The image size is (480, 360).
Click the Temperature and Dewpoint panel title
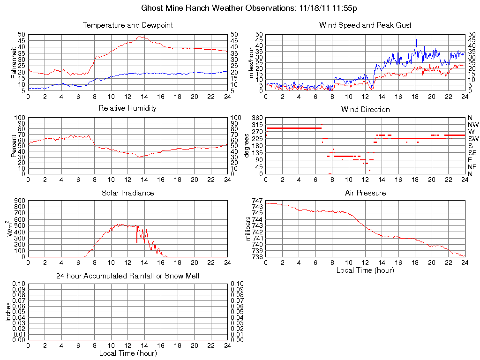coord(127,25)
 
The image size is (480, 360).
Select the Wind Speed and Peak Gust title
coord(365,25)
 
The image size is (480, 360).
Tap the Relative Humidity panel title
coord(127,108)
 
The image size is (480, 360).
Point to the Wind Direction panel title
coord(365,109)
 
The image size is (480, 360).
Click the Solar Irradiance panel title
coord(127,193)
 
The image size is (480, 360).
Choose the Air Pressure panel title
coord(365,193)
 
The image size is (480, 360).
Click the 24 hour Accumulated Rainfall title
coord(127,276)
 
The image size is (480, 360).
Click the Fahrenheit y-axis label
coord(14,62)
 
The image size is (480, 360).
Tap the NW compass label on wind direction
coord(472,125)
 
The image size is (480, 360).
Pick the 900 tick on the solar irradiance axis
coord(20,201)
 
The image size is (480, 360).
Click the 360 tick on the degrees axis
coord(257,118)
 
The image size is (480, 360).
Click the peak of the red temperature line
coord(140,37)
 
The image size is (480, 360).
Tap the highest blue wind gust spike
coord(416,40)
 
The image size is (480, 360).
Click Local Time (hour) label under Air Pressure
coord(365,270)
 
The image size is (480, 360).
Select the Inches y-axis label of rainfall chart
coord(8,312)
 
